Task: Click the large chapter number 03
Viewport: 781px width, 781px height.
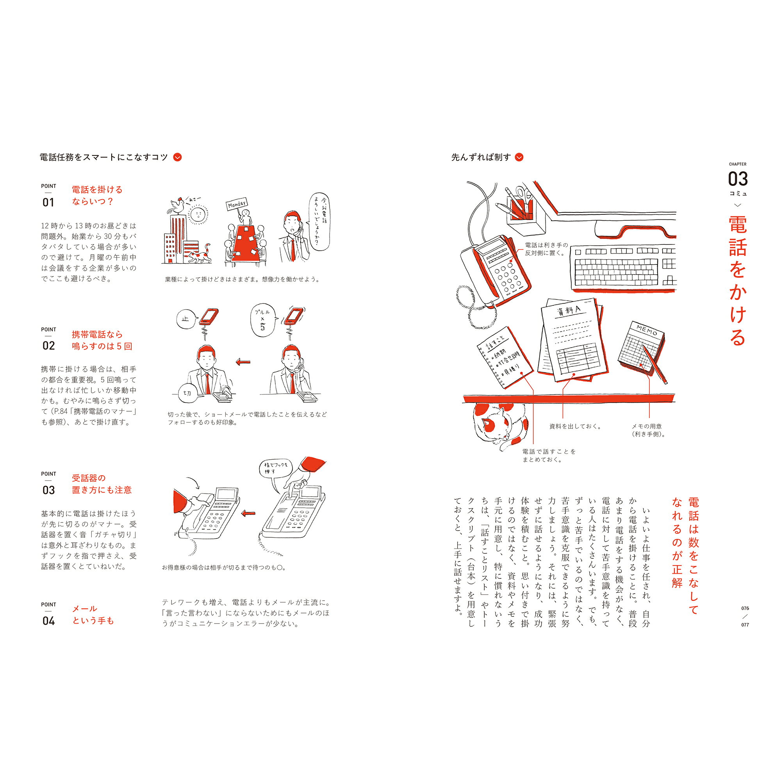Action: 738,179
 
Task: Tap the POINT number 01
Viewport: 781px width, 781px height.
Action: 48,202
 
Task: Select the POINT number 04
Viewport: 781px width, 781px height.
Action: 48,621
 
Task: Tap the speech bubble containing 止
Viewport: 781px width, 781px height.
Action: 186,319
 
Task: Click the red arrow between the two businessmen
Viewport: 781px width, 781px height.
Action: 243,362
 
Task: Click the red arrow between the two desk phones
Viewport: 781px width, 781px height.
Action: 248,513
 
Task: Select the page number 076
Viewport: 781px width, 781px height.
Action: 745,608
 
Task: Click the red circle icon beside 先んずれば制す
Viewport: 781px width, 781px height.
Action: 519,157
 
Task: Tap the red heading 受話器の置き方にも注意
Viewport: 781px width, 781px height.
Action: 102,484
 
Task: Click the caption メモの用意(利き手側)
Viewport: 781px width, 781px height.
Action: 648,430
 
